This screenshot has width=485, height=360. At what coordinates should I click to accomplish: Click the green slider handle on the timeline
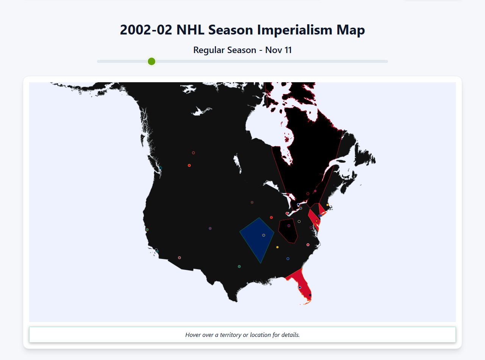coord(152,61)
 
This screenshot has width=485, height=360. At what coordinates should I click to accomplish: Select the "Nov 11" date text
coord(278,50)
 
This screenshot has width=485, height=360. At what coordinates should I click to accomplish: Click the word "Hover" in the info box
coord(193,335)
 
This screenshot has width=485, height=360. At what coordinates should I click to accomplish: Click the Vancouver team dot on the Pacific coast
coord(160,168)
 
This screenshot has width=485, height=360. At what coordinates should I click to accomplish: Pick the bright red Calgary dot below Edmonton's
coord(189,165)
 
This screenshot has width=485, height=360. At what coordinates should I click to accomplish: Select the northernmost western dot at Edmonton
coord(193,153)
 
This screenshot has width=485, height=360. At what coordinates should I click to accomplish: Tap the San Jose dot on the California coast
coord(147,230)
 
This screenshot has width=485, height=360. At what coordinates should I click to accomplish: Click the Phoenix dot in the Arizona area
coord(179,258)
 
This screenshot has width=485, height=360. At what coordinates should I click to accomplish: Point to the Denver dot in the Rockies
coord(210,229)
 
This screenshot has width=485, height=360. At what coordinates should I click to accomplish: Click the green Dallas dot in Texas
coord(239,266)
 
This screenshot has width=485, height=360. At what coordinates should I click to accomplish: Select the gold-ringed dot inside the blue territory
coord(264,235)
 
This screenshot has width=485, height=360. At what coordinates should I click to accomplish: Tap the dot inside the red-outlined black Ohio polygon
coord(289,225)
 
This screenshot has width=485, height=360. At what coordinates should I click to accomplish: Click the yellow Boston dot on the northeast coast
coord(327,205)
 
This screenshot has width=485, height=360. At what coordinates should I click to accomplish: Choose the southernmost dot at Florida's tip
coord(310,295)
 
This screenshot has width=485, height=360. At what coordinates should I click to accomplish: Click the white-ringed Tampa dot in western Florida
coord(300,287)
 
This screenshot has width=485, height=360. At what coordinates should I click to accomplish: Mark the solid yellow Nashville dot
coord(277,247)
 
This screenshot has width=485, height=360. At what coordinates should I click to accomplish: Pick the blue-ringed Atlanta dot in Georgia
coord(288,258)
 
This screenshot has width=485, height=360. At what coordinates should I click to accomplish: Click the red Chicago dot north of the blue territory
coord(271,218)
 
